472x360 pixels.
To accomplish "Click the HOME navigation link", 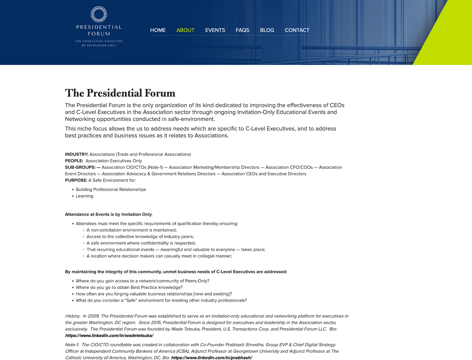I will [x=158, y=30].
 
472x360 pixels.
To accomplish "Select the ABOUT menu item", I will [x=185, y=30].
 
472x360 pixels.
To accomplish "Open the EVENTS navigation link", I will [x=215, y=30].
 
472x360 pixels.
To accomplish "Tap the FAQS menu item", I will [x=242, y=30].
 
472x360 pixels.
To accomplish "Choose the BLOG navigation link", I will [x=267, y=30].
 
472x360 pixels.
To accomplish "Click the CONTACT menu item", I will [x=297, y=30].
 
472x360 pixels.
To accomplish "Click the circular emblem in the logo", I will [x=99, y=14].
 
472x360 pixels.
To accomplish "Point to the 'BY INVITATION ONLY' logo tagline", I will [x=99, y=46].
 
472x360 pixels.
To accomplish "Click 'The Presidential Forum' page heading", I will [x=120, y=93].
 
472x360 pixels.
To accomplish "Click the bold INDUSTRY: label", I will [x=77, y=154].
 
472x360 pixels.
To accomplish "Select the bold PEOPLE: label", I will [x=74, y=161].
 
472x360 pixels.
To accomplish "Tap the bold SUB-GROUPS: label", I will [x=80, y=167].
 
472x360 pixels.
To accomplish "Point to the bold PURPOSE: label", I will [x=76, y=180].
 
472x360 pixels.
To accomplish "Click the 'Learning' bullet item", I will [x=84, y=196].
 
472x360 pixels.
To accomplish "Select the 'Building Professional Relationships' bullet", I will [x=111, y=190].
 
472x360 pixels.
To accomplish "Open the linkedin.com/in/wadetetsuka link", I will [x=109, y=336].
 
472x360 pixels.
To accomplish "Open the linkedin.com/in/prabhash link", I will [x=211, y=358].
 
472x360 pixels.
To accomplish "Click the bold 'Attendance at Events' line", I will [x=108, y=214].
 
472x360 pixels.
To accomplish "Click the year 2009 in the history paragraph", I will [x=93, y=316].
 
